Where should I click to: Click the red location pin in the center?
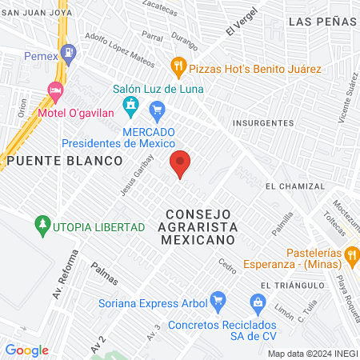pyautogui.click(x=181, y=163)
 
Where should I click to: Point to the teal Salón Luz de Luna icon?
pyautogui.click(x=130, y=106)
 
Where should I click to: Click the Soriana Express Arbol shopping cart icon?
pyautogui.click(x=217, y=302)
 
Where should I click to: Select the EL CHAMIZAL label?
pyautogui.click(x=295, y=186)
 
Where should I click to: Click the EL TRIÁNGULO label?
pyautogui.click(x=292, y=285)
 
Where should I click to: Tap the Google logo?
pyautogui.click(x=26, y=350)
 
